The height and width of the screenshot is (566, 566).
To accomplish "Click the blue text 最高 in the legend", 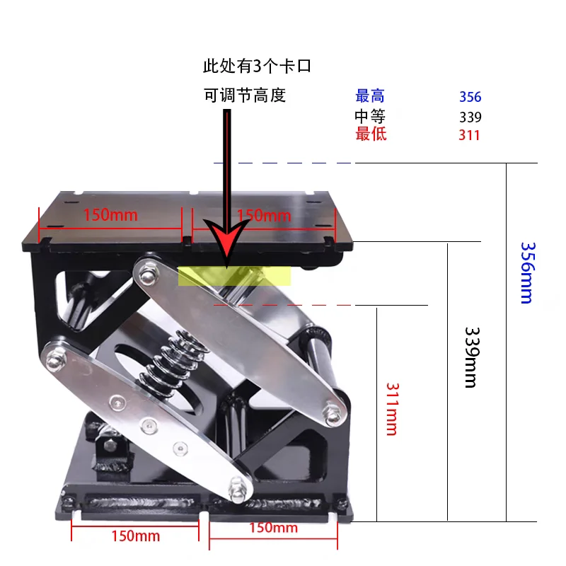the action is [x=370, y=96].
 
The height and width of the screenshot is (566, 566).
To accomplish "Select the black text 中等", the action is [x=370, y=116].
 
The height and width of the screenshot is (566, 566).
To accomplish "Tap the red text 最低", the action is [x=371, y=134].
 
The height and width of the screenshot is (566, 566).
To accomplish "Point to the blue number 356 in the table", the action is [x=470, y=97].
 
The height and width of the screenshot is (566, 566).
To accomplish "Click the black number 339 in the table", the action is [x=470, y=117].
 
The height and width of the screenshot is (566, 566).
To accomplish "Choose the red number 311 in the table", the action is [x=469, y=135].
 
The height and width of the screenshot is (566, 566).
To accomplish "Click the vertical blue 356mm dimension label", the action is [x=528, y=273].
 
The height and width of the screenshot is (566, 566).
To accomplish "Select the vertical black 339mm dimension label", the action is [x=472, y=357].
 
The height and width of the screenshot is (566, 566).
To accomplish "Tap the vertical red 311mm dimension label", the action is [x=393, y=409].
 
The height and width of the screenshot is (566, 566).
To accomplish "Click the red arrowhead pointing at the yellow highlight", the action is [x=226, y=241].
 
